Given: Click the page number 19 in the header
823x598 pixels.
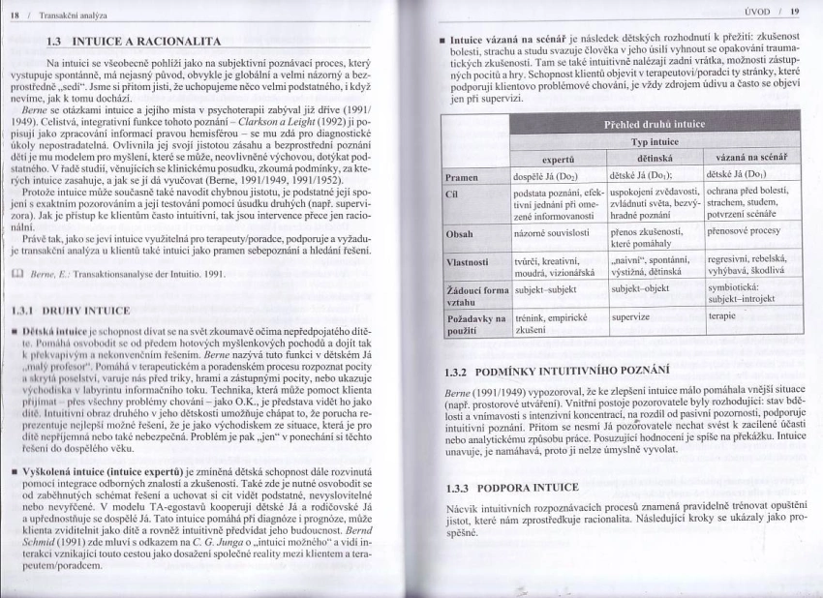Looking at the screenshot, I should point(793,13).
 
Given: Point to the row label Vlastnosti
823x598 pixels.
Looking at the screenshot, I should point(469,261).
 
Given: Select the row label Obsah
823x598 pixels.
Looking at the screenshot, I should point(459,233).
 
